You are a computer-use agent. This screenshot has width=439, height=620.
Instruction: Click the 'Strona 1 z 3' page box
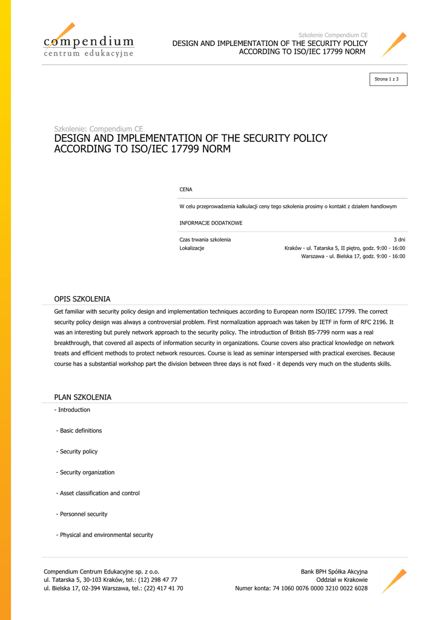[386, 79]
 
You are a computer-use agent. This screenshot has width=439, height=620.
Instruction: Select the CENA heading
[186, 190]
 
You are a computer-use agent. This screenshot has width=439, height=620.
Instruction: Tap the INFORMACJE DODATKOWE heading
[211, 223]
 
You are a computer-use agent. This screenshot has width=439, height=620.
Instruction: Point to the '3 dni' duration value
[399, 240]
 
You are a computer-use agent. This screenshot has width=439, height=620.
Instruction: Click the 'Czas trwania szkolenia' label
[205, 240]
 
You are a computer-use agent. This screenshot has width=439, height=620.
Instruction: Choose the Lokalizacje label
[192, 248]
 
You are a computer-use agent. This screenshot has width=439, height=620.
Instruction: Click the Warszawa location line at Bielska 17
[353, 256]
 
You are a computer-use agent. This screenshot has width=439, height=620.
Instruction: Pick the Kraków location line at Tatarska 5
[345, 248]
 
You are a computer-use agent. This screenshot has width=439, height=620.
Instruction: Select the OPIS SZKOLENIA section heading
[82, 299]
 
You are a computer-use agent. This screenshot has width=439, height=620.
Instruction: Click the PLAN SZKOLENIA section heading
[83, 397]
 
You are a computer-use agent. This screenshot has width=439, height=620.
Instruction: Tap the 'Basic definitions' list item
[81, 430]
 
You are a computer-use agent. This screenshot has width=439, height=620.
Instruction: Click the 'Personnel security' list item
[84, 514]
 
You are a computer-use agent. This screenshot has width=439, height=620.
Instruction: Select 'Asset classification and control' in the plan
[99, 493]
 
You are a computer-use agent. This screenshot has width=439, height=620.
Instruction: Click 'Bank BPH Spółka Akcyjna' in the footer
[334, 572]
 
